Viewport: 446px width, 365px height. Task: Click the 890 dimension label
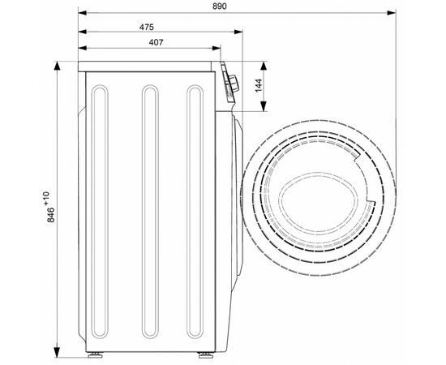(x=220, y=6)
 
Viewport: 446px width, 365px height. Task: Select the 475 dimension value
(x=147, y=27)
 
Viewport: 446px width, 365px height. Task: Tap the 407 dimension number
(x=157, y=42)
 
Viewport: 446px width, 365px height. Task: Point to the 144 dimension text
(x=259, y=85)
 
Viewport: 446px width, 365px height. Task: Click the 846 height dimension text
(x=51, y=215)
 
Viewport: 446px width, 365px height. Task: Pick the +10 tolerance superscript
(x=46, y=198)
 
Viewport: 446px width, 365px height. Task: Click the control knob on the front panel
(x=234, y=84)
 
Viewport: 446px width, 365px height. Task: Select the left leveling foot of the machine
(x=95, y=354)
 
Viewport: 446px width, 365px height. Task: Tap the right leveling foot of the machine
(x=206, y=354)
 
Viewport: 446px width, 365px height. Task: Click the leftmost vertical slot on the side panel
(x=100, y=212)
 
